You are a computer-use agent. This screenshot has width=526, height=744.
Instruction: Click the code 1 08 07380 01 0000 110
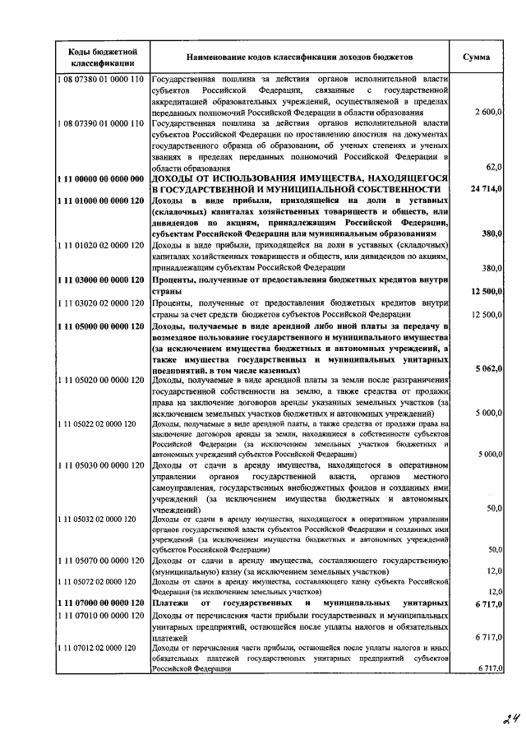(101, 79)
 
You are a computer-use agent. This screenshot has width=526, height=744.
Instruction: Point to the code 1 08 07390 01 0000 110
(101, 122)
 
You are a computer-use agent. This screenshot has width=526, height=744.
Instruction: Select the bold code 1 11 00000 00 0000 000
(101, 178)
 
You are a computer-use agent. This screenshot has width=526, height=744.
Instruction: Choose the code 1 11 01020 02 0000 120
(101, 246)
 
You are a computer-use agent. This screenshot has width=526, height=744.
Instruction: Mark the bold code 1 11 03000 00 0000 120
(101, 280)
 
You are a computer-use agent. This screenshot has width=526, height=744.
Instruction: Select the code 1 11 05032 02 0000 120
(96, 520)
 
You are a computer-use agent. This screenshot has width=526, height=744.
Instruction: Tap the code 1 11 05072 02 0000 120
(96, 581)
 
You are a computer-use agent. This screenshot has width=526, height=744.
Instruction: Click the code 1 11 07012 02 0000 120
(96, 649)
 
